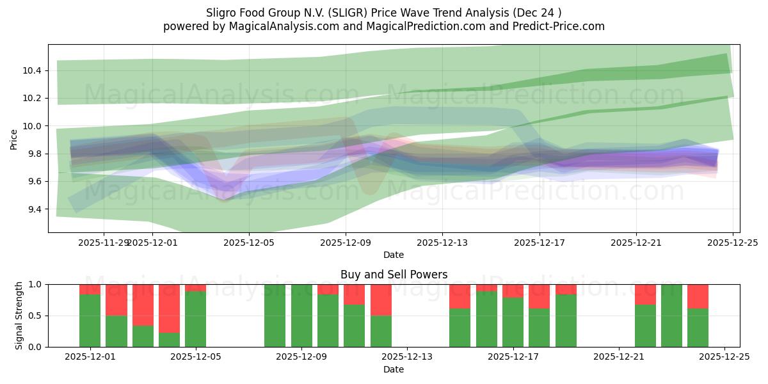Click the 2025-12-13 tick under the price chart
click(x=442, y=243)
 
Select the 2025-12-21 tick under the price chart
click(x=636, y=243)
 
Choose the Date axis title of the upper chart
click(x=394, y=255)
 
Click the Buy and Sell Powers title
click(x=394, y=275)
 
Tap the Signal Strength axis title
click(x=19, y=316)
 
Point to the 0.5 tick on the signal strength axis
click(x=36, y=316)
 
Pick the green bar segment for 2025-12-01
click(x=90, y=321)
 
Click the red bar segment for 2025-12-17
click(x=513, y=291)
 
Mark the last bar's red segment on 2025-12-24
click(x=698, y=296)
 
